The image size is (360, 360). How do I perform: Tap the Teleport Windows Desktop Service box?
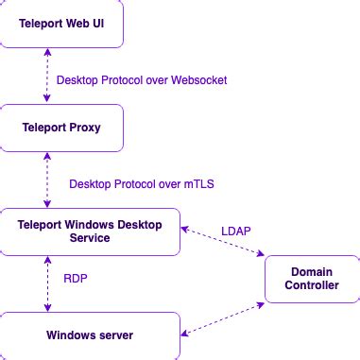tap(90, 231)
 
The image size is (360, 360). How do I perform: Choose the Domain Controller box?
tap(311, 279)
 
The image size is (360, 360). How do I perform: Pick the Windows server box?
tap(90, 334)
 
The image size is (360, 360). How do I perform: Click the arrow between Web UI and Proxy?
tap(46, 75)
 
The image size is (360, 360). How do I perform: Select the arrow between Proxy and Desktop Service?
tap(46, 179)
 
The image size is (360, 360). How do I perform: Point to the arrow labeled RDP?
tap(46, 283)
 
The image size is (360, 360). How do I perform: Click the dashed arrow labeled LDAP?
tap(222, 240)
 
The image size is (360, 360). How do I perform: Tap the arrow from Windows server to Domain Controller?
tap(223, 317)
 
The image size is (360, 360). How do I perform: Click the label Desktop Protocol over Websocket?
tap(142, 80)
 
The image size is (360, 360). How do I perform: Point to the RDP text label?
tap(77, 279)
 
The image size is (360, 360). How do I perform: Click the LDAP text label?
tap(235, 229)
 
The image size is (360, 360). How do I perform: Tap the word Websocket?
tap(198, 80)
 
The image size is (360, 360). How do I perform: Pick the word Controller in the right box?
tap(311, 286)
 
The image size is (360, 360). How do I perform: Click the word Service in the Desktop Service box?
tap(90, 238)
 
